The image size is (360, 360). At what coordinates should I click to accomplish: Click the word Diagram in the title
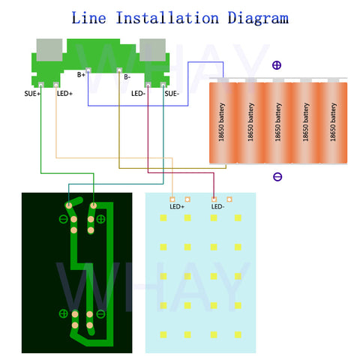(x=258, y=18)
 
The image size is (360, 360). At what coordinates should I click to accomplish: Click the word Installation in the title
(x=167, y=18)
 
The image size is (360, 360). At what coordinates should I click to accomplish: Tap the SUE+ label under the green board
(x=32, y=94)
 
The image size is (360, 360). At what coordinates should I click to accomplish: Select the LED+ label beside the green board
(x=64, y=94)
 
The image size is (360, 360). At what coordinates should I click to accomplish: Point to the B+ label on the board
(x=81, y=74)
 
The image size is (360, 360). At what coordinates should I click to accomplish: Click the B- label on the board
(x=127, y=76)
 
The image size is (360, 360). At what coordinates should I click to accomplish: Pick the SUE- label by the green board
(x=172, y=94)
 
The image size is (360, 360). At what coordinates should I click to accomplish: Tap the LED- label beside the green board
(x=138, y=94)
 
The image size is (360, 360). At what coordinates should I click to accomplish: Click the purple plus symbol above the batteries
(x=277, y=65)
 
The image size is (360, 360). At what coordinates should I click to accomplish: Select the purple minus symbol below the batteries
(x=277, y=177)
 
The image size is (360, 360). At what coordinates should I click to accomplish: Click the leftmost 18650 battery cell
(x=223, y=122)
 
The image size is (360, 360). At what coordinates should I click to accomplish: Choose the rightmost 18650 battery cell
(x=334, y=122)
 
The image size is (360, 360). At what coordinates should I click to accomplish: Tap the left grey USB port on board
(x=49, y=49)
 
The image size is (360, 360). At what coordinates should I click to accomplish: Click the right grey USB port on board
(x=152, y=49)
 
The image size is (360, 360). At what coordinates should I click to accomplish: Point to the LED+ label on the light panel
(x=177, y=207)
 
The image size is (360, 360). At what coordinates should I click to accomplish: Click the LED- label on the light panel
(x=217, y=207)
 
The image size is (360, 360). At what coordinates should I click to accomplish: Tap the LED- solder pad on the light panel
(x=214, y=199)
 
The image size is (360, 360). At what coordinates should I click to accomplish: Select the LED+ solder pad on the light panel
(x=172, y=199)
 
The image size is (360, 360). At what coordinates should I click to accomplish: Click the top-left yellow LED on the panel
(x=163, y=218)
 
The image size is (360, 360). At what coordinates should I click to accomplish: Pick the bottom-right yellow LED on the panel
(x=238, y=334)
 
